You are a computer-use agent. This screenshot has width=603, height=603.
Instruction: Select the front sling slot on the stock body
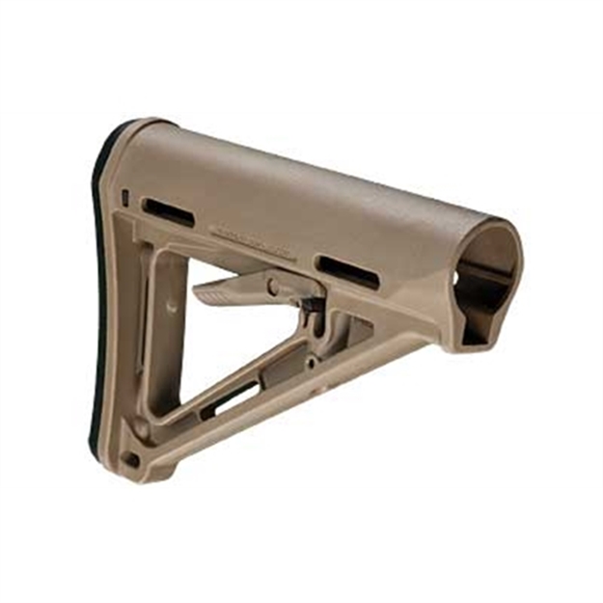click(346, 270)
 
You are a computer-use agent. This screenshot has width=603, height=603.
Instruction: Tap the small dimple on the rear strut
click(171, 307)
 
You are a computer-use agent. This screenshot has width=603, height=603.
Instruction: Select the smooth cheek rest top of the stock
click(309, 183)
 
